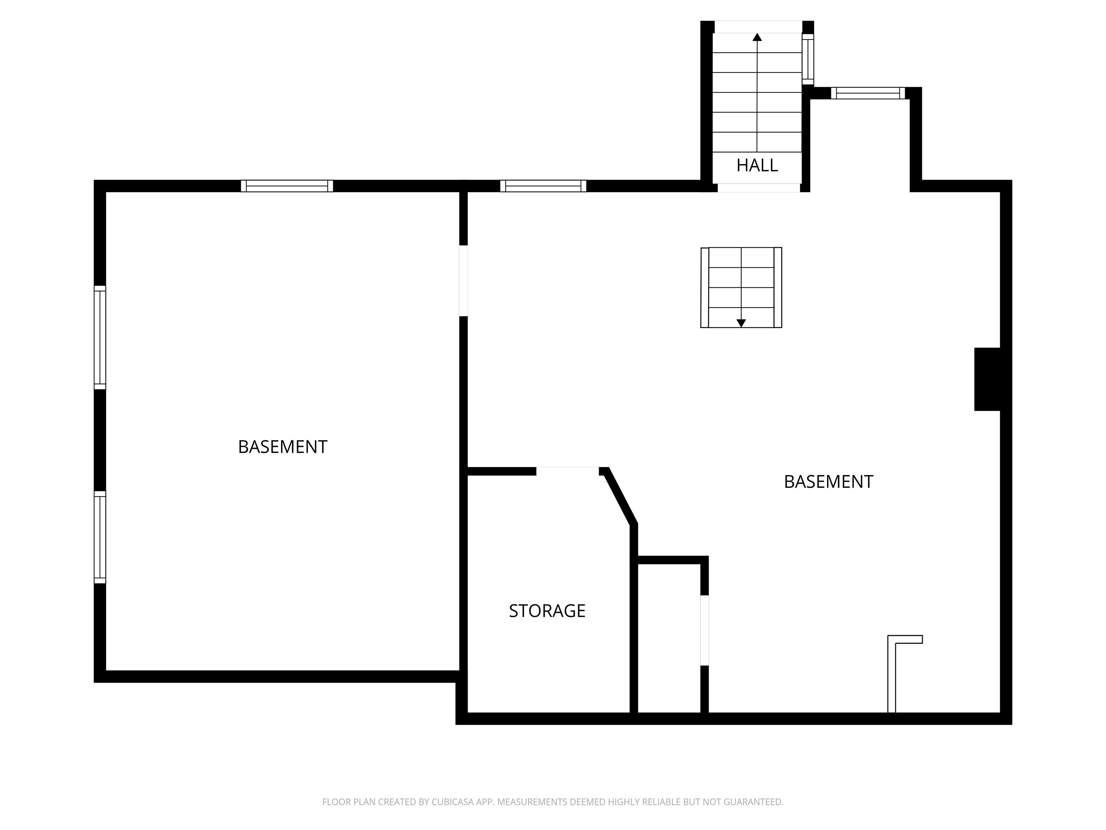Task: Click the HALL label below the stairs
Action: click(x=757, y=165)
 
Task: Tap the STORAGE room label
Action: click(x=547, y=611)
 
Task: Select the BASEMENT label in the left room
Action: click(x=283, y=447)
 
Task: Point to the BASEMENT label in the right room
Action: click(x=828, y=482)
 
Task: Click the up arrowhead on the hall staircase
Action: click(x=757, y=37)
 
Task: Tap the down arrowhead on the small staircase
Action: click(x=741, y=323)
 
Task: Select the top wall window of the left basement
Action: click(x=287, y=186)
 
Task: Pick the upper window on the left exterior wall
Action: click(x=100, y=337)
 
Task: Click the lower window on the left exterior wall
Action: click(x=100, y=537)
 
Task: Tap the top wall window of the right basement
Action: click(x=544, y=186)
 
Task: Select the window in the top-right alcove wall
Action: click(x=868, y=93)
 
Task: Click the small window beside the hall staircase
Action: click(x=808, y=59)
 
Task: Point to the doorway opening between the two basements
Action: click(x=463, y=281)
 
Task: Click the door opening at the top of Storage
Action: click(x=567, y=471)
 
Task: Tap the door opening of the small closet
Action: click(x=705, y=630)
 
